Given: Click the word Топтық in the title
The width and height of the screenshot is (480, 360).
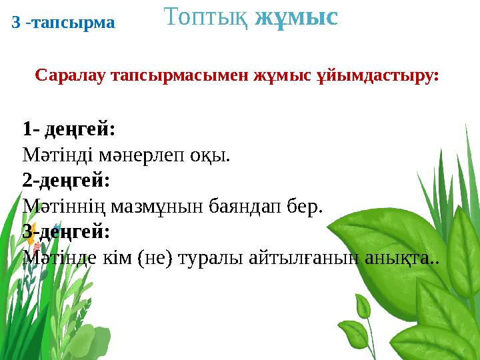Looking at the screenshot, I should point(206,17).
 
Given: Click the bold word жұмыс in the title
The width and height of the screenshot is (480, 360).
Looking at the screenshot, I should point(297,17).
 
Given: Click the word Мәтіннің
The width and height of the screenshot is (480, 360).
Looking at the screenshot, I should point(61,206).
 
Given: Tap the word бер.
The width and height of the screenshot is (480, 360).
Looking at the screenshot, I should point(306,206).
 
